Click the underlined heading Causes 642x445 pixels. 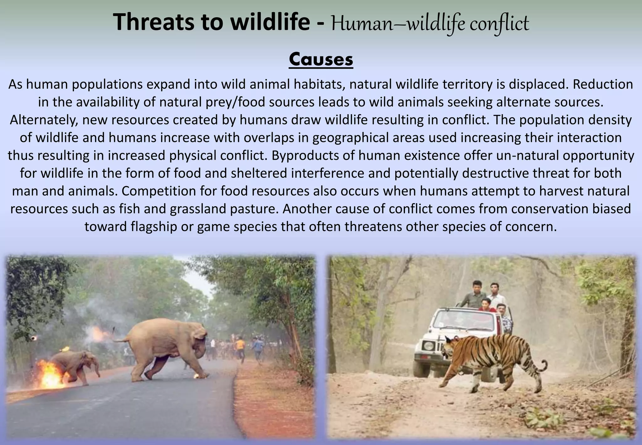click(321, 59)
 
